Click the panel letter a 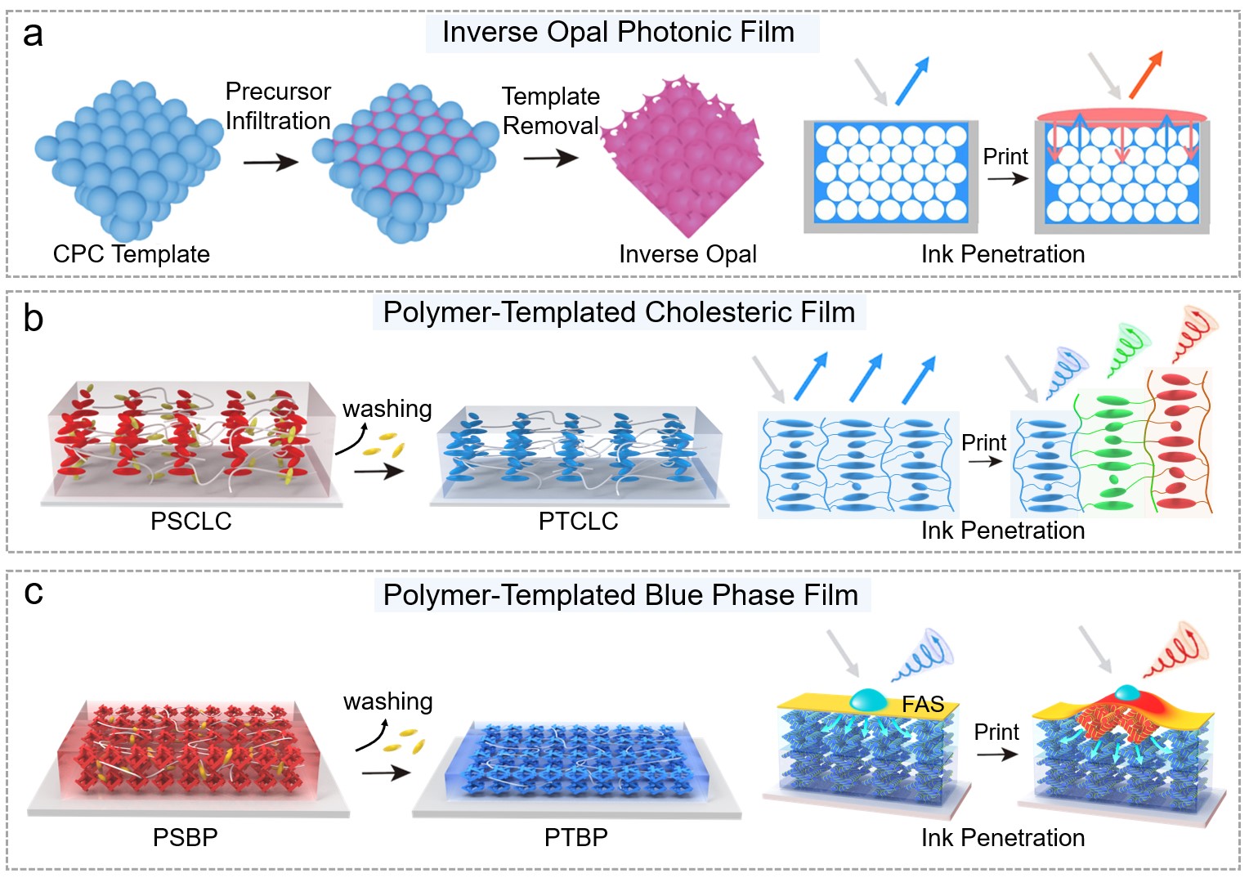click(33, 35)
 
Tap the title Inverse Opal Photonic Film click(618, 33)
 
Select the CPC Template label click(131, 254)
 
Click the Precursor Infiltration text click(278, 106)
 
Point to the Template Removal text click(550, 111)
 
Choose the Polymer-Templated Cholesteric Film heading click(619, 313)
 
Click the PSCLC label click(190, 522)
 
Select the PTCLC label click(578, 522)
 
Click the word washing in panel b click(387, 409)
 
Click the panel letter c click(34, 592)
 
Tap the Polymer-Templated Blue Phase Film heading click(620, 595)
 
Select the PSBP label click(186, 838)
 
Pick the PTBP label click(576, 838)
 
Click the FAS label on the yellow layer click(923, 704)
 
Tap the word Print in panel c click(996, 732)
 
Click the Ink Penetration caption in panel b click(1003, 531)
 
